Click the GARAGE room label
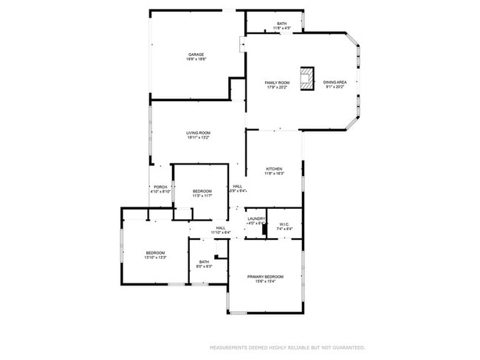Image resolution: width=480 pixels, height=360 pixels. tap(196, 55)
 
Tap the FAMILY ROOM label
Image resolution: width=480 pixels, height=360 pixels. tap(278, 82)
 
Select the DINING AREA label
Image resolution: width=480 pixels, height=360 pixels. tap(335, 82)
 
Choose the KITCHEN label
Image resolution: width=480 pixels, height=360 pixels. tap(274, 169)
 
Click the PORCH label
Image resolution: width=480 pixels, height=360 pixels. tap(160, 187)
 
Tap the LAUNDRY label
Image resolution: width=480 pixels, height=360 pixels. tap(256, 219)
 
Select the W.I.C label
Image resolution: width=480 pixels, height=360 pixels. tap(284, 224)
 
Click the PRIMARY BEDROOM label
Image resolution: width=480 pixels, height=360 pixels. tap(265, 277)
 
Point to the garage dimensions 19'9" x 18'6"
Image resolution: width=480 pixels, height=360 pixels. tap(196, 60)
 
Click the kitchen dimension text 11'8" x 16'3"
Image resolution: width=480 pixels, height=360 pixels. tap(274, 174)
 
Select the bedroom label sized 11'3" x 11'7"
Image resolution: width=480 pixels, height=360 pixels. tap(202, 191)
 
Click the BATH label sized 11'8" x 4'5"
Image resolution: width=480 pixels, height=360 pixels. tap(282, 24)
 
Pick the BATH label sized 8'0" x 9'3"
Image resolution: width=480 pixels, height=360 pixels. tap(204, 262)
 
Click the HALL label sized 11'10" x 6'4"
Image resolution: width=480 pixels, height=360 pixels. tap(221, 228)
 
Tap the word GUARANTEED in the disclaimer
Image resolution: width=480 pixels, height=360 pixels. tap(347, 347)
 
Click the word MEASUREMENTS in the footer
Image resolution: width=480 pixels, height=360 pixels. tap(230, 347)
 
